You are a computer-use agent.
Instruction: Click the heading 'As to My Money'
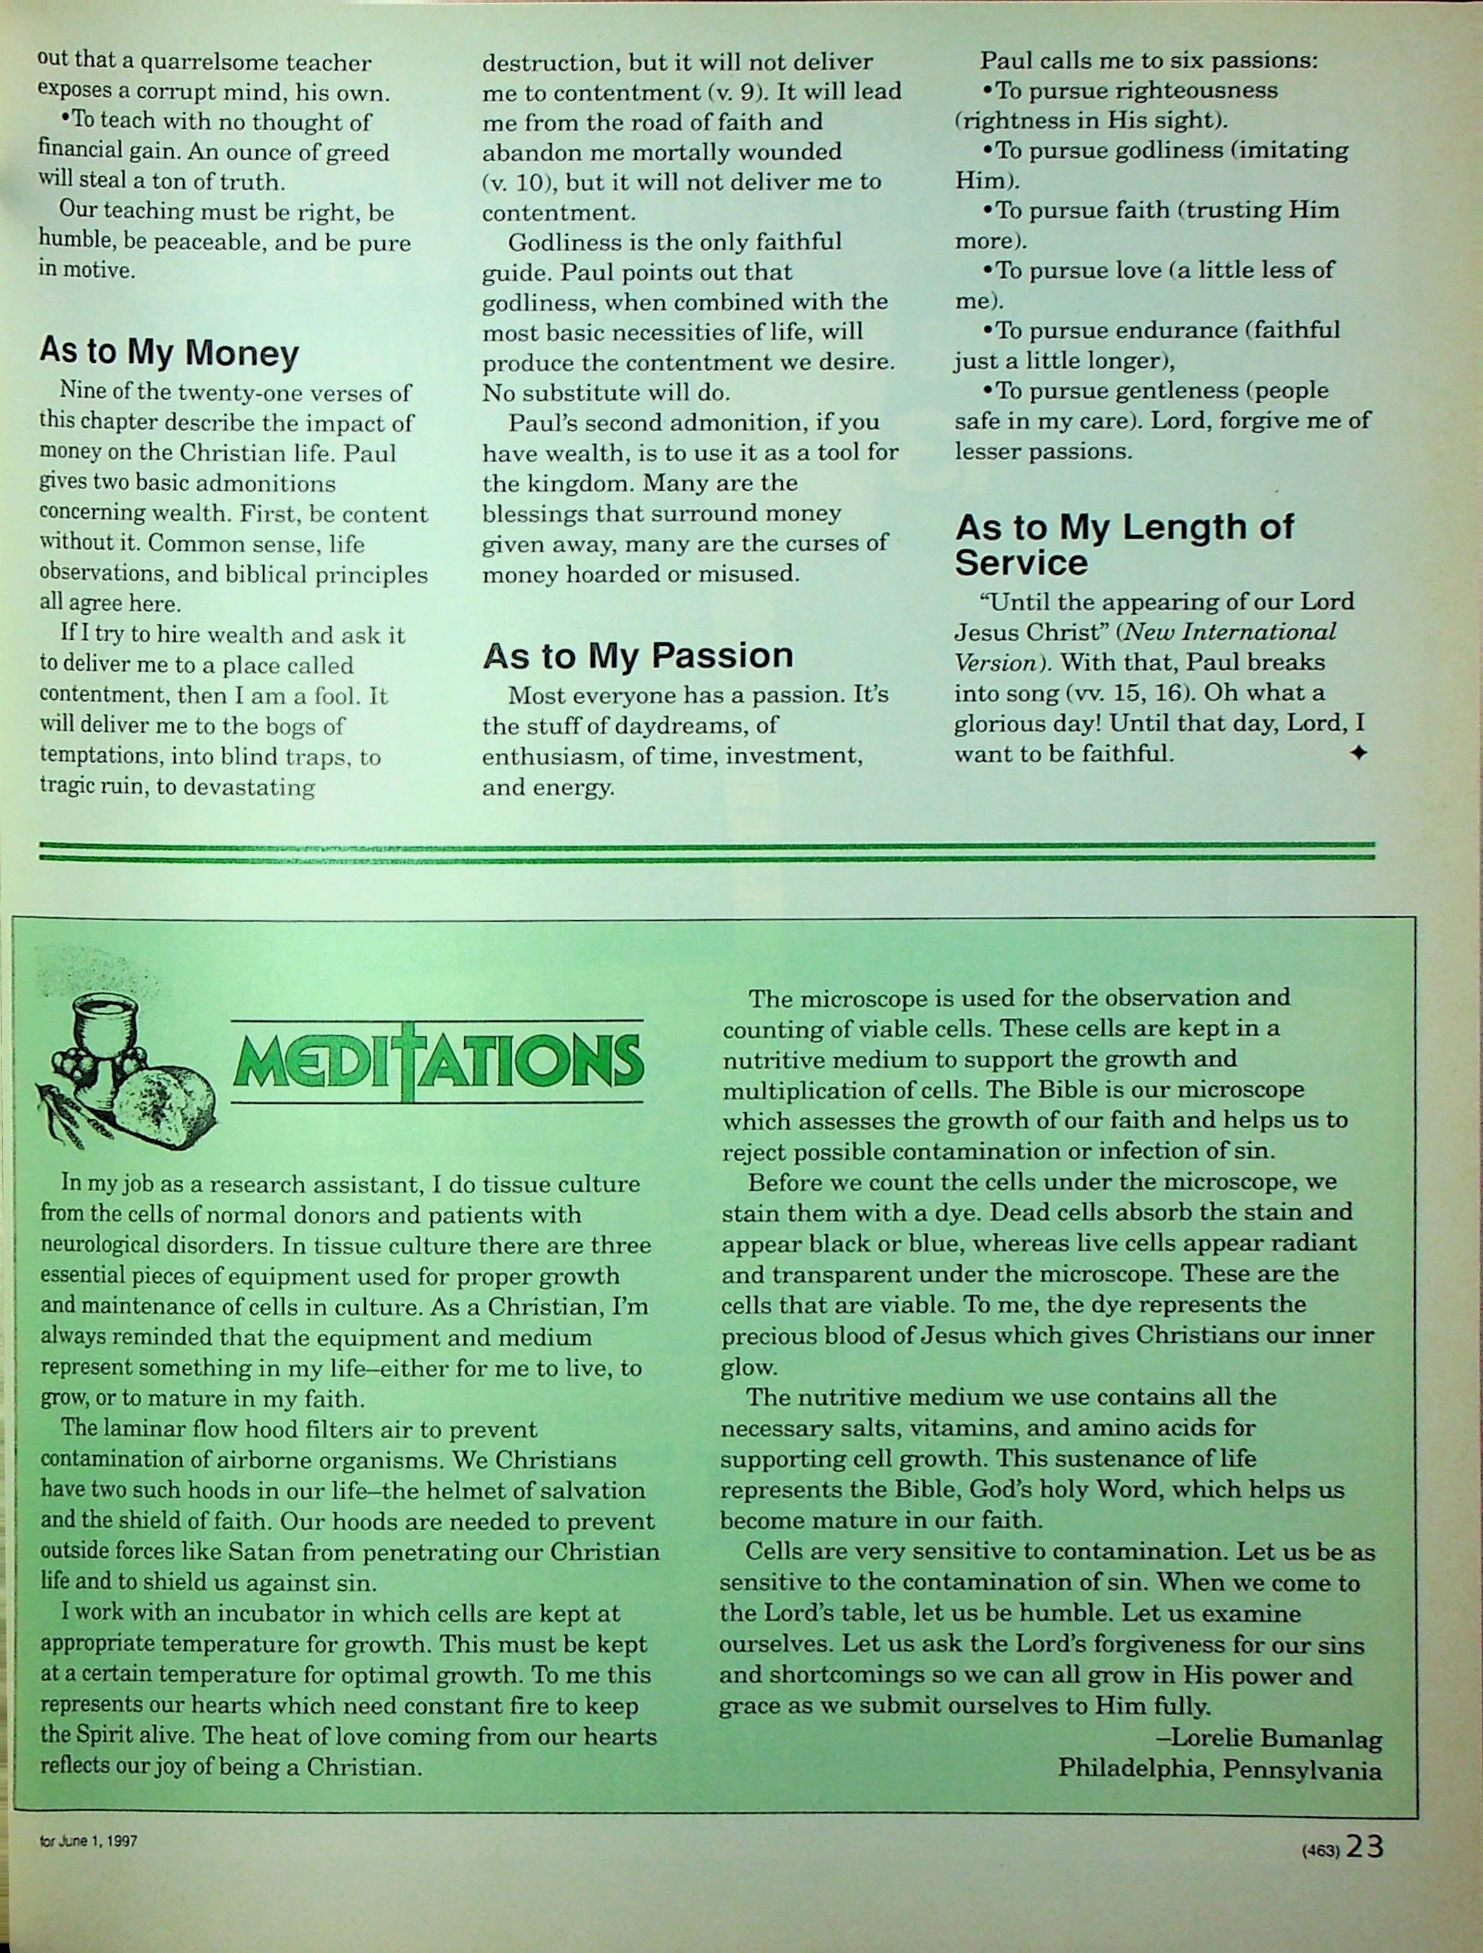coord(169,353)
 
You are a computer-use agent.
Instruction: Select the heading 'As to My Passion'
coord(638,655)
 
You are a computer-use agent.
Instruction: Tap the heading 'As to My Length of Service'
coord(1124,544)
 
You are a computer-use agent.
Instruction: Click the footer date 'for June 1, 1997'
coord(88,1843)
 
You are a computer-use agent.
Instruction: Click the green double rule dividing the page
coord(706,851)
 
